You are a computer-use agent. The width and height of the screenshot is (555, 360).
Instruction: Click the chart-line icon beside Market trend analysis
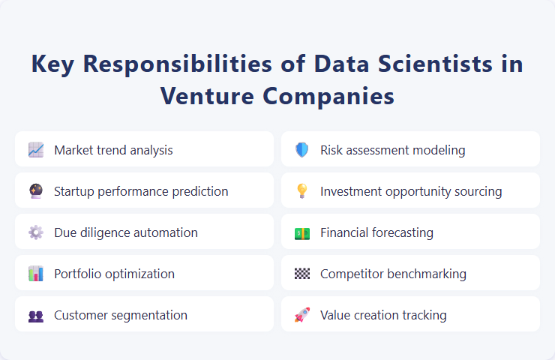click(x=36, y=150)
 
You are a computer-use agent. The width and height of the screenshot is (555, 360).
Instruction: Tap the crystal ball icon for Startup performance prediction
click(x=36, y=191)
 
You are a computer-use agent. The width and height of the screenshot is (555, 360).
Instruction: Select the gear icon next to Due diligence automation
click(x=36, y=232)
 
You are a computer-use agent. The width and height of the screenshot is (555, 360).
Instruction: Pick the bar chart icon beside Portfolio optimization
click(x=36, y=274)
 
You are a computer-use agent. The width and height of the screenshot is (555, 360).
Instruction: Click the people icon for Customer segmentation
click(x=36, y=315)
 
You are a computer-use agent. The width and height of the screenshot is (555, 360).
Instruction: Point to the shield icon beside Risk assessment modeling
click(x=301, y=150)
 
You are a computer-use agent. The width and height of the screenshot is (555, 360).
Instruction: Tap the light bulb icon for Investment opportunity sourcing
click(x=301, y=191)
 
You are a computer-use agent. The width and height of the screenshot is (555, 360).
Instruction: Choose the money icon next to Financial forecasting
click(x=301, y=232)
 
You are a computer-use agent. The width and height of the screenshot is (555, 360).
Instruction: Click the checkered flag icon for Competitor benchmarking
click(x=301, y=274)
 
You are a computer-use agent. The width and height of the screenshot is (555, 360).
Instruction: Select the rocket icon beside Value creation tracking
click(x=301, y=315)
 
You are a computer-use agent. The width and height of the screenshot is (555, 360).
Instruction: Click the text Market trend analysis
click(x=113, y=150)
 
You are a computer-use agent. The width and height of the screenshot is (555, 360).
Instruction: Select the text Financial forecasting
click(x=376, y=232)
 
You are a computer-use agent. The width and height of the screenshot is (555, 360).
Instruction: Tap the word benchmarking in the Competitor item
click(x=425, y=274)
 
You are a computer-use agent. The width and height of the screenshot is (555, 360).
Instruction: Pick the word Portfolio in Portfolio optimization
click(x=77, y=274)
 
